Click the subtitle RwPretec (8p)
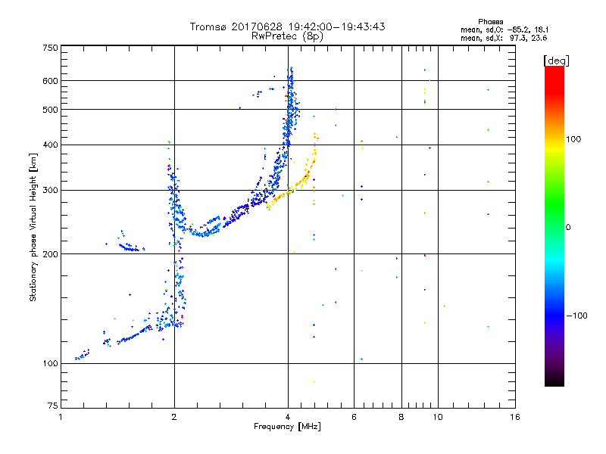tap(287, 36)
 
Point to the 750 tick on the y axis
tap(49, 48)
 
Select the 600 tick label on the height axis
tap(49, 81)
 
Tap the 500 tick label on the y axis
tap(49, 110)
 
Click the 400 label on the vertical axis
tap(49, 145)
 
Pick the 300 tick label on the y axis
tap(49, 190)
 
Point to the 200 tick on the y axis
tap(49, 254)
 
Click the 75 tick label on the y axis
tap(52, 409)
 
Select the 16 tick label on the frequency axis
tap(514, 417)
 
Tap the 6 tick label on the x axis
tap(354, 417)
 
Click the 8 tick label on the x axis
tap(401, 417)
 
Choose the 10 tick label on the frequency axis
tap(437, 417)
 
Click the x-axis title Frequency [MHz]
tap(287, 428)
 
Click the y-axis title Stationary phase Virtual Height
tap(33, 228)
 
